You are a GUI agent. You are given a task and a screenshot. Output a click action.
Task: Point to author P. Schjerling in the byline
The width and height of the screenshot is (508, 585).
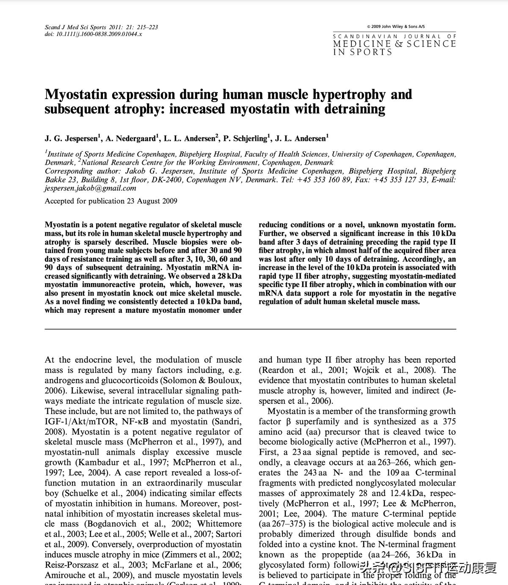(x=246, y=138)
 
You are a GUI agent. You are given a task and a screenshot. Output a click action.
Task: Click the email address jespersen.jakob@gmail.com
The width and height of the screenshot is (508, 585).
(x=91, y=188)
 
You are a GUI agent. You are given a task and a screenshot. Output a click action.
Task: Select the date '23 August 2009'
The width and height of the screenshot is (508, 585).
(x=152, y=201)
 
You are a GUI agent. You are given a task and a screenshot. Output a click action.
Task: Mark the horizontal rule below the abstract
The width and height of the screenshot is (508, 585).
(x=250, y=329)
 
